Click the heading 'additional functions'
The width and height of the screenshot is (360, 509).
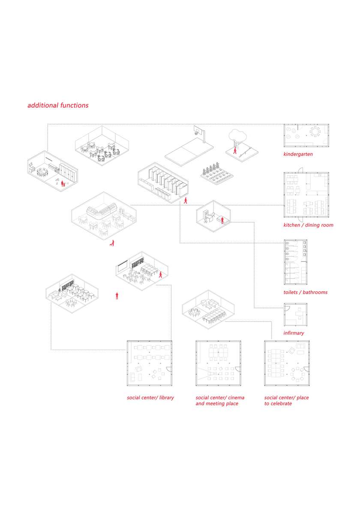[x=58, y=105]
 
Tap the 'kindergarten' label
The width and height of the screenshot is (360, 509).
[x=298, y=154]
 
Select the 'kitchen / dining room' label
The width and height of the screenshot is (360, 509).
[x=309, y=225]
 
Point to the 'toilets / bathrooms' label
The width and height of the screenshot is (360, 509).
[x=306, y=292]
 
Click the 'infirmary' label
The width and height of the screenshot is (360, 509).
[x=294, y=333]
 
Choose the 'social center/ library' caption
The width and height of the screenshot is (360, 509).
[x=150, y=398]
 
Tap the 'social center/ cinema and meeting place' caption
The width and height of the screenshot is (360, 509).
[x=220, y=401]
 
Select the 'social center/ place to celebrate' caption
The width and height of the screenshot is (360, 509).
[x=286, y=401]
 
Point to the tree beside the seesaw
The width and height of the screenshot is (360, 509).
[x=237, y=137]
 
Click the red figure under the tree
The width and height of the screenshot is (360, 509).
[x=235, y=150]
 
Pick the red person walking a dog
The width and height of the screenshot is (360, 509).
[x=112, y=243]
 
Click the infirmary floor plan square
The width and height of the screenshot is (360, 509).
[x=295, y=314]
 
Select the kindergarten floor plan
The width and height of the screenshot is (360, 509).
[x=306, y=135]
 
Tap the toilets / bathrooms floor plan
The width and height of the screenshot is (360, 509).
[x=295, y=262]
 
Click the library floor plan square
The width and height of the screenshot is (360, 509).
[x=150, y=363]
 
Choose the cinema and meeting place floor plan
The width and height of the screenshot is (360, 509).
[x=219, y=363]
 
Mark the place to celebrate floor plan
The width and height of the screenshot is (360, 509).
[x=287, y=363]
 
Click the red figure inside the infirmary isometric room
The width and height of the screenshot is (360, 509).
[x=222, y=221]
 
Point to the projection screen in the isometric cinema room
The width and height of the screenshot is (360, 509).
[x=122, y=267]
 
